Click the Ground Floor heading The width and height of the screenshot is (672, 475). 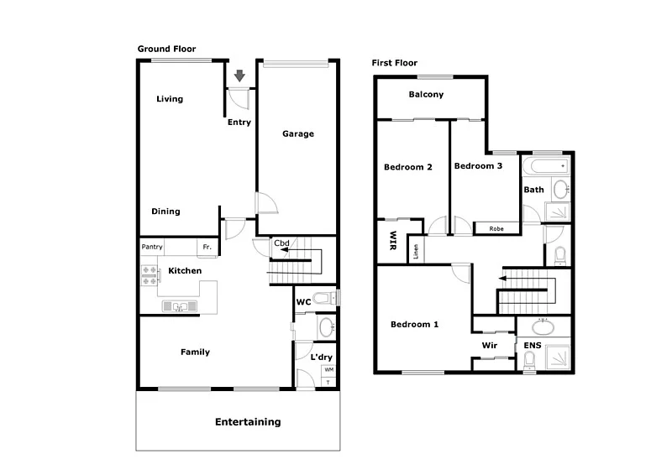166,50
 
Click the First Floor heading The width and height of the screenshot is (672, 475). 395,63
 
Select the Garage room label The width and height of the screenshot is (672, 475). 297,133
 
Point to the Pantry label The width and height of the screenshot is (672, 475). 152,247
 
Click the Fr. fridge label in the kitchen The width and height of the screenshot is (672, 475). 206,248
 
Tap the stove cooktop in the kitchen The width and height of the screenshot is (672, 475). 150,275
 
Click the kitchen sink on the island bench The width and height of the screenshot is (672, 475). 179,306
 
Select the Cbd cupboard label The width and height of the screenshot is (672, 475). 282,244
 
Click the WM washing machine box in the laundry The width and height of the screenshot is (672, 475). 328,369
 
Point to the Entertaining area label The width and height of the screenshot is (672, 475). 248,422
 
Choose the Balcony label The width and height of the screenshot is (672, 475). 426,95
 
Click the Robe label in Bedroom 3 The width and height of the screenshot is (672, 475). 496,227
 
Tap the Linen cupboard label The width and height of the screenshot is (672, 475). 416,251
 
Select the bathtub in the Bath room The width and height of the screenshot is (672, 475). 546,167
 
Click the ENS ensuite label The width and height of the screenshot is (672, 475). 533,345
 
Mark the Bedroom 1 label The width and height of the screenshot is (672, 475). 414,324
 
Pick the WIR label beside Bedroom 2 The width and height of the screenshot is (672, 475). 392,241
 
